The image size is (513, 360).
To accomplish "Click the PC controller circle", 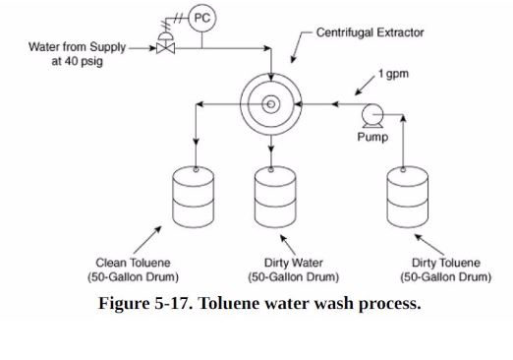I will point(202,18).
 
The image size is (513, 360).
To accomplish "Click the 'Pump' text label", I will point(371,138).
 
